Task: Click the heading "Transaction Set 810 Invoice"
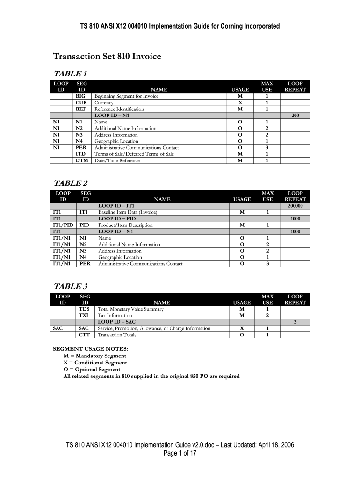click(x=107, y=57)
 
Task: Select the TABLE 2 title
click(x=71, y=183)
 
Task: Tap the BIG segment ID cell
click(x=81, y=96)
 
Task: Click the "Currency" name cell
click(x=104, y=102)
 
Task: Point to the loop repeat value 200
click(x=295, y=116)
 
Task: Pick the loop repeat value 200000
click(x=295, y=206)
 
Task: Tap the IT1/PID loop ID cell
click(x=62, y=225)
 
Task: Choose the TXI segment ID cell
click(x=84, y=316)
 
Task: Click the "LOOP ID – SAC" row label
click(x=116, y=322)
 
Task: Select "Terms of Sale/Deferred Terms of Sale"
click(x=134, y=154)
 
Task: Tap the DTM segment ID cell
click(x=81, y=160)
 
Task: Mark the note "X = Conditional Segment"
click(x=95, y=363)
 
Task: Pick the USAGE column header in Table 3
click(x=242, y=303)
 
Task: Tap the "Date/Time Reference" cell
click(x=117, y=160)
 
